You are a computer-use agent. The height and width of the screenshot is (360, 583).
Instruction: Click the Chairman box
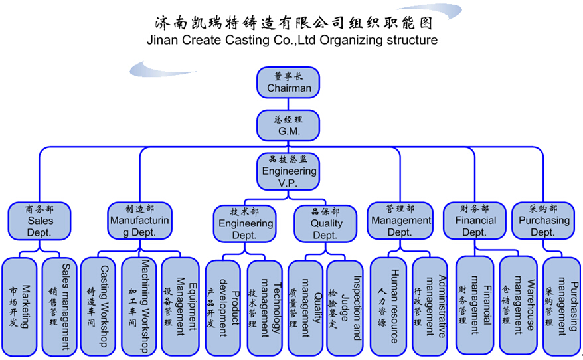click(x=289, y=82)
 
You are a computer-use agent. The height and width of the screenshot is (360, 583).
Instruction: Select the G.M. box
click(x=289, y=126)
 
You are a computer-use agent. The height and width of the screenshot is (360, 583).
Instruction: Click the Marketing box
click(x=20, y=306)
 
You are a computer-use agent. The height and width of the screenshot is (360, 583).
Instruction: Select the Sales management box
click(x=60, y=306)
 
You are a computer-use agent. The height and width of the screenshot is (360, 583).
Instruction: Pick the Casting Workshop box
click(x=98, y=306)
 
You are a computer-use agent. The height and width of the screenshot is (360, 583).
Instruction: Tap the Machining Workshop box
click(x=139, y=306)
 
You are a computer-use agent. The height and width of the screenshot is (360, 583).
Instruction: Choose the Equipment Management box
click(x=180, y=306)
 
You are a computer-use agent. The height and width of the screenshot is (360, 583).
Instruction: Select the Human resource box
click(x=388, y=306)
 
